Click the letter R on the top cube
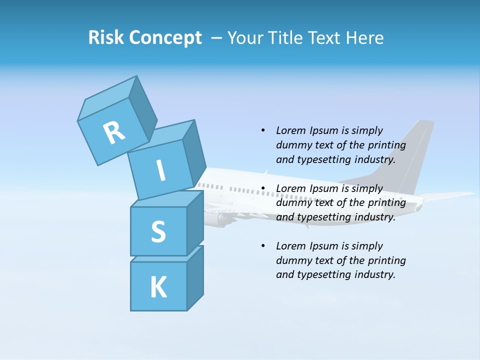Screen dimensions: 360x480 click(x=114, y=132)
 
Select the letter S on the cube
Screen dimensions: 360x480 click(x=158, y=231)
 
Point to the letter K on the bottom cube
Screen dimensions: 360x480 click(x=158, y=287)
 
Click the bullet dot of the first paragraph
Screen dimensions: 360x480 click(x=263, y=130)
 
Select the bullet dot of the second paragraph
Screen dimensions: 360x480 click(x=263, y=188)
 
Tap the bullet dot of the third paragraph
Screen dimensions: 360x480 click(x=263, y=246)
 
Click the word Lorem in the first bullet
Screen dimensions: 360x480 click(x=291, y=130)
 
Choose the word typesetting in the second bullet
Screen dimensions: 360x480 click(x=324, y=217)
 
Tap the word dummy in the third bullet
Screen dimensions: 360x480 click(x=292, y=260)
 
